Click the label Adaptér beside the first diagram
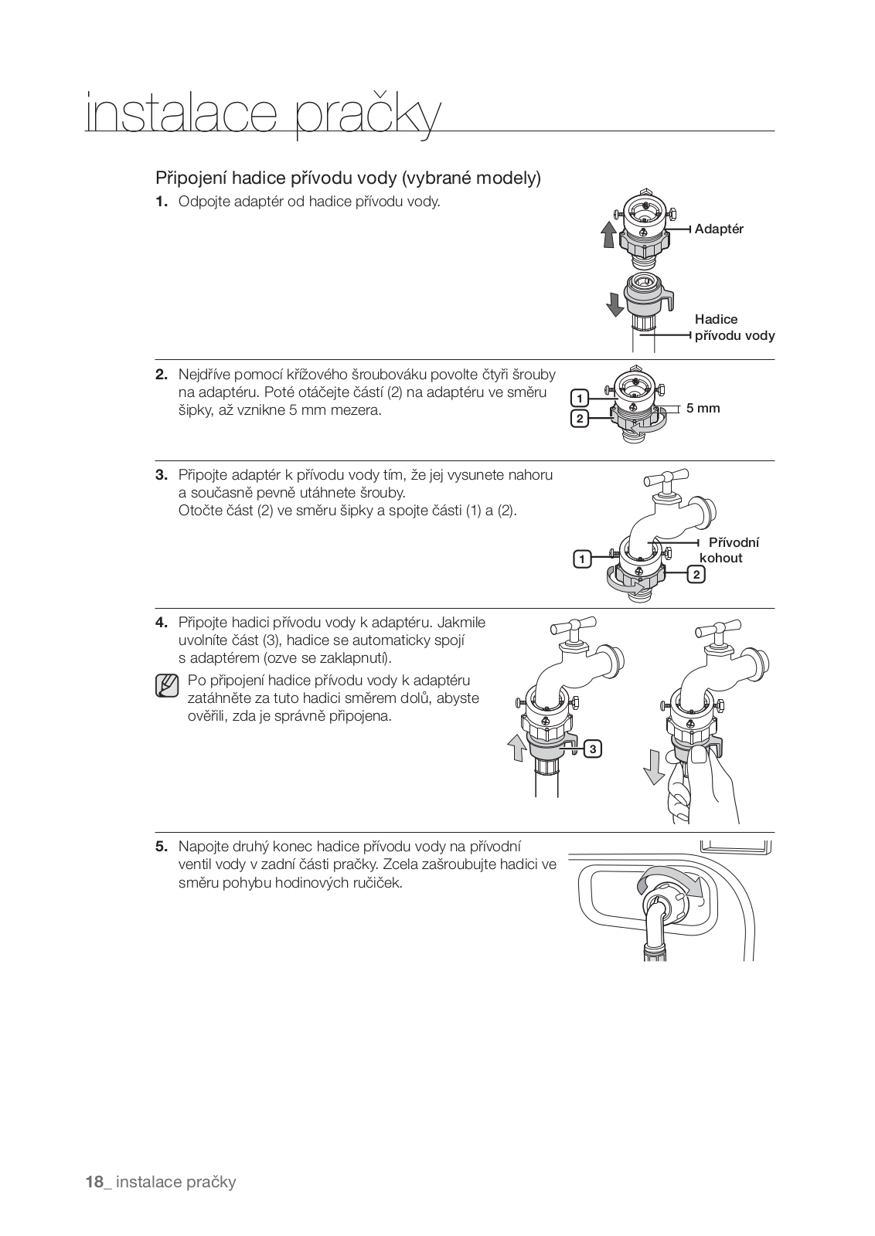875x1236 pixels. pyautogui.click(x=718, y=229)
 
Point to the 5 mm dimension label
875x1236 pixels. pyautogui.click(x=703, y=408)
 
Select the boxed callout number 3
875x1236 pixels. pyautogui.click(x=592, y=749)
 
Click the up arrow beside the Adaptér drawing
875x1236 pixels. pyautogui.click(x=609, y=233)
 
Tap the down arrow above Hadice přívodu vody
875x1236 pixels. pyautogui.click(x=615, y=304)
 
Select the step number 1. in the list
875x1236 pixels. pyautogui.click(x=161, y=202)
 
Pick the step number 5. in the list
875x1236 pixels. pyautogui.click(x=161, y=847)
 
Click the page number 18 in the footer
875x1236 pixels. pyautogui.click(x=94, y=1182)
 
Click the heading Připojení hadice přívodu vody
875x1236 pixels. pyautogui.click(x=348, y=178)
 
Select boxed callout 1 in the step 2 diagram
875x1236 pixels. pyautogui.click(x=579, y=398)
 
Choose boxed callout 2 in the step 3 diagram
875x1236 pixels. pyautogui.click(x=696, y=574)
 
